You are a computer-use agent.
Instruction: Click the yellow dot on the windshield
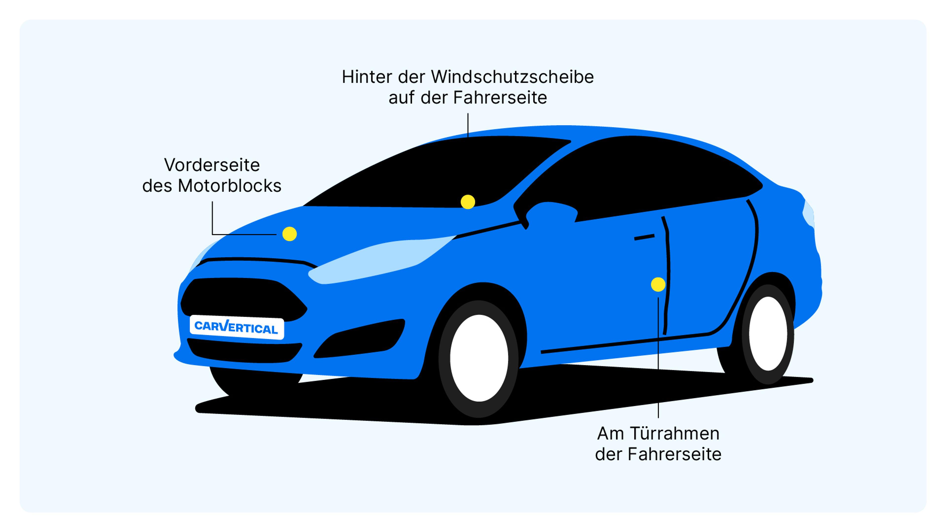[x=468, y=202]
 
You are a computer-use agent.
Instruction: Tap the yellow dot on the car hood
[x=289, y=234]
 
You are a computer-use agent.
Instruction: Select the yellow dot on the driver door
[x=658, y=284]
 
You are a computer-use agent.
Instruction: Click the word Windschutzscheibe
[x=512, y=77]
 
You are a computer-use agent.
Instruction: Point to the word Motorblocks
[x=230, y=186]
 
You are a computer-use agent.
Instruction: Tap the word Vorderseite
[x=212, y=165]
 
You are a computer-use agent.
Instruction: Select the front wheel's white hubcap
[x=479, y=358]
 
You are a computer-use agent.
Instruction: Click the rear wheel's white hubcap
[x=768, y=333]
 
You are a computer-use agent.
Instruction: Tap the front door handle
[x=644, y=237]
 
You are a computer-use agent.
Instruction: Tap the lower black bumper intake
[x=244, y=351]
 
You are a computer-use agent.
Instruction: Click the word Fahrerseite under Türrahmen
[x=674, y=454]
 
